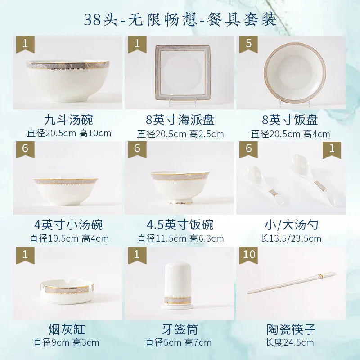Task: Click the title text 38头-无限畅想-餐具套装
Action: coord(180,19)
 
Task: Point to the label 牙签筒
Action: coord(180,329)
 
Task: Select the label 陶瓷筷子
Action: coord(291,329)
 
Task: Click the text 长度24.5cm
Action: coord(290,343)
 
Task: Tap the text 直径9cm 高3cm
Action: coord(66,343)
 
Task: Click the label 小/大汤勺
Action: coord(290,225)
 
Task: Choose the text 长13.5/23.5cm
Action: coord(290,238)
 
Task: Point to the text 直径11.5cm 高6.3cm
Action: coord(180,238)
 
